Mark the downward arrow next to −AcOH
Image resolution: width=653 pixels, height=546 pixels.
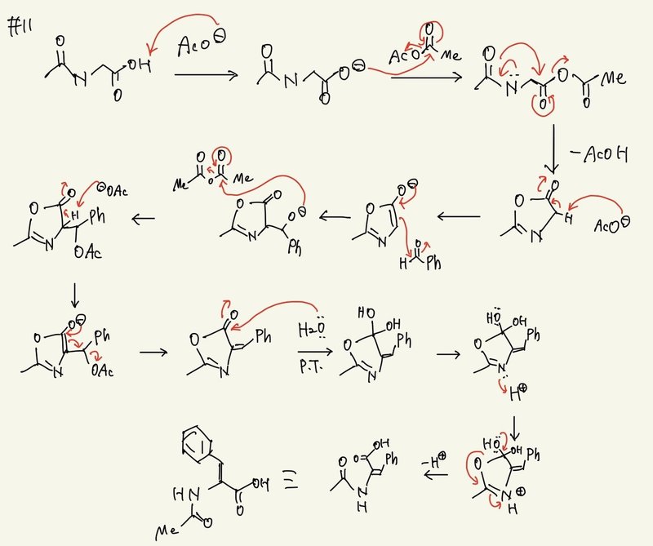coord(553,147)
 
